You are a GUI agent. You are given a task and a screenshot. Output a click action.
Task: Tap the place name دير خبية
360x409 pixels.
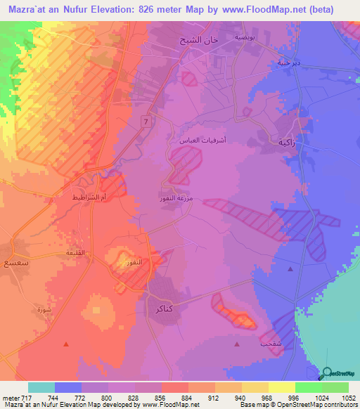[288, 61]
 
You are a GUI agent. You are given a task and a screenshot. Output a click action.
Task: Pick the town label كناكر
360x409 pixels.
[161, 308]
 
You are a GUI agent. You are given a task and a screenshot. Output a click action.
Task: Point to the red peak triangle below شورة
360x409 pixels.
[66, 344]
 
